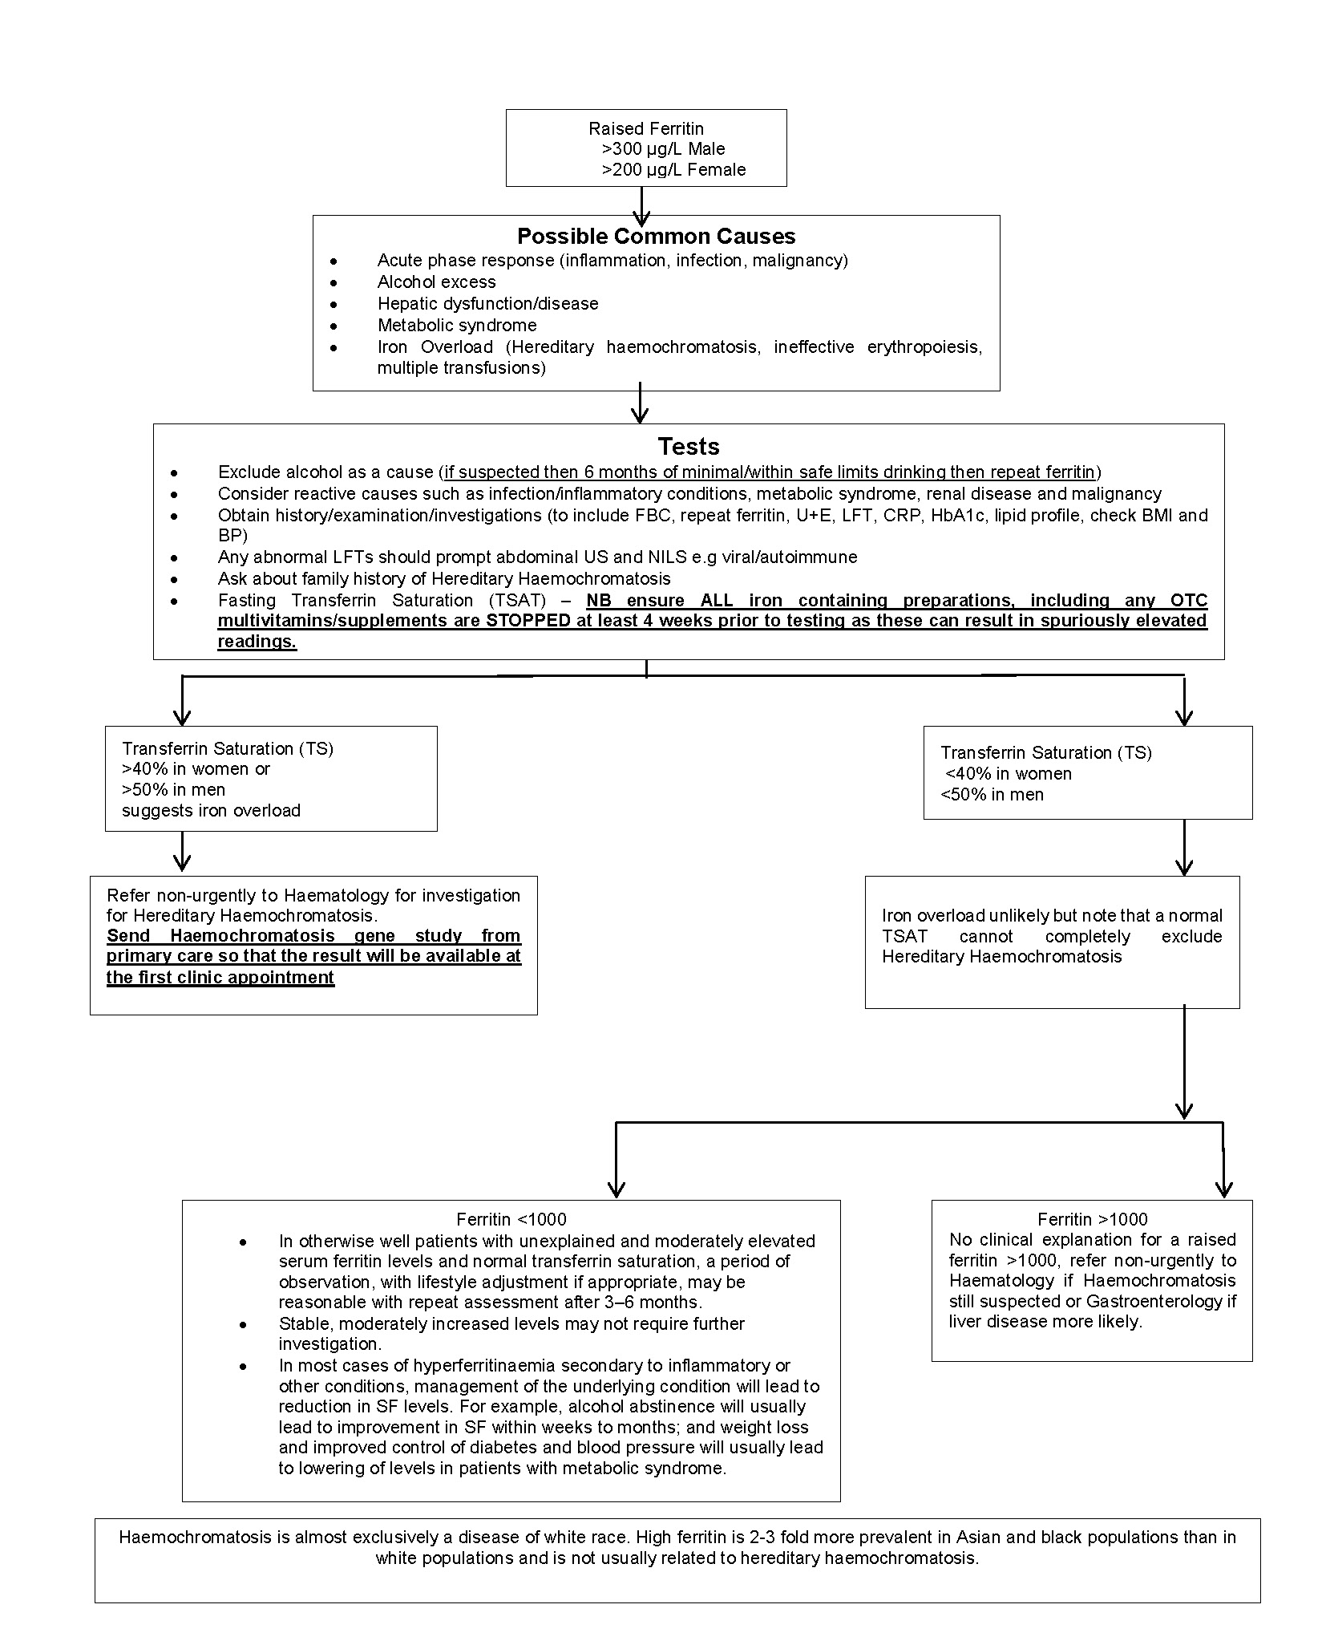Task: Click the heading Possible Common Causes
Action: (656, 236)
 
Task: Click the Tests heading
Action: (689, 446)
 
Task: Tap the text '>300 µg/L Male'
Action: (663, 148)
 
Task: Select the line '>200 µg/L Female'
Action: (673, 169)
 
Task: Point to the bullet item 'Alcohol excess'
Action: (436, 282)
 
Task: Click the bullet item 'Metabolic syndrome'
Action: (457, 325)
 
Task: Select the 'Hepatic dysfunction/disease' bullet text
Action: (487, 303)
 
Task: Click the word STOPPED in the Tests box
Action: (528, 620)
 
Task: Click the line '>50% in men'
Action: (173, 789)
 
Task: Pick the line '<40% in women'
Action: (1008, 773)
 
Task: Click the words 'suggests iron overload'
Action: (211, 810)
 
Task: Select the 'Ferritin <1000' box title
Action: (511, 1219)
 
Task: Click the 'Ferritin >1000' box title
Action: (1092, 1219)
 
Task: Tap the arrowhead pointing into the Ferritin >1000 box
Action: (1223, 1188)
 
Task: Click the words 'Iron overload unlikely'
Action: (950, 915)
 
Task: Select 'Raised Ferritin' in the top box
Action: (645, 128)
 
